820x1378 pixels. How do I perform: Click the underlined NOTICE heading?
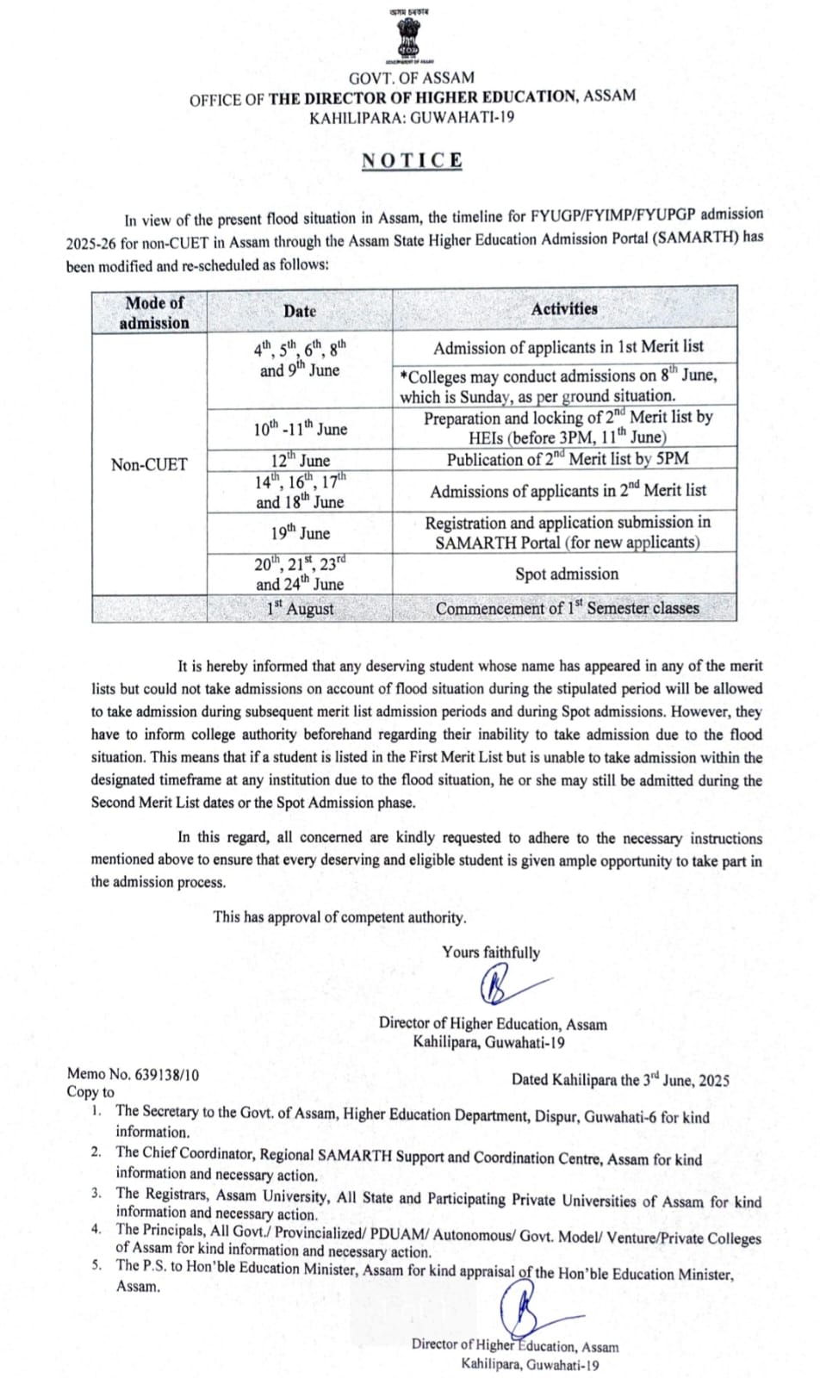[412, 161]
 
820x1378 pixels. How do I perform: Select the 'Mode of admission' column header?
[154, 313]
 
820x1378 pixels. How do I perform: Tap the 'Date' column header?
[300, 312]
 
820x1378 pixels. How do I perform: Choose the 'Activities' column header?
[564, 309]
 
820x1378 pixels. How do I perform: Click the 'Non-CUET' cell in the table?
[149, 465]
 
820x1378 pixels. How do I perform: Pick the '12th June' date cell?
[300, 460]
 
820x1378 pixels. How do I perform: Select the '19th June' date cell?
[300, 533]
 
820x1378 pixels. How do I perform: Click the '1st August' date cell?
[300, 609]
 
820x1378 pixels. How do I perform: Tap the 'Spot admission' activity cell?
[566, 574]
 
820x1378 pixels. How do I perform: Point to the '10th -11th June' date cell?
[300, 429]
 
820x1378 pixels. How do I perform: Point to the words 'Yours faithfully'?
[491, 953]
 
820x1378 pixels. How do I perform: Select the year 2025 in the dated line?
[713, 1081]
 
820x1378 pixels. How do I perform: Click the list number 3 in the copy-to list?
[96, 1194]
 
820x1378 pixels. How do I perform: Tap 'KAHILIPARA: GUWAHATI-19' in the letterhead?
[412, 118]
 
